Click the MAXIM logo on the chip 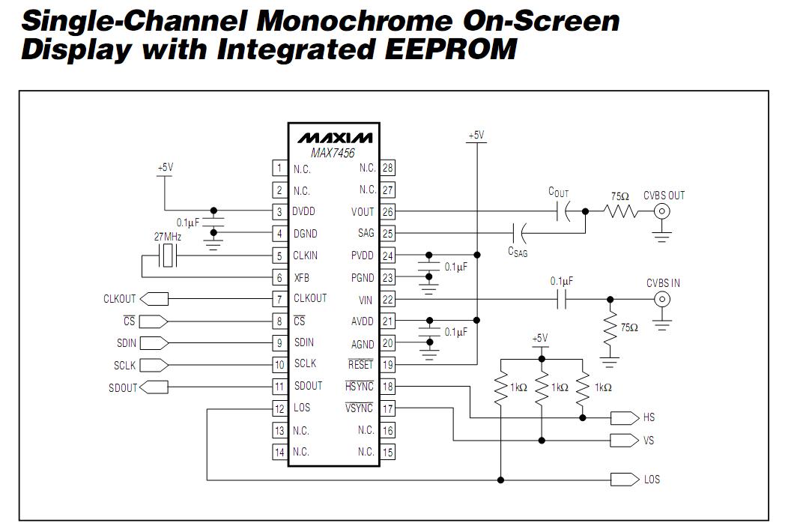pyautogui.click(x=334, y=138)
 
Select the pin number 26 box pyautogui.click(x=387, y=212)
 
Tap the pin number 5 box pyautogui.click(x=279, y=256)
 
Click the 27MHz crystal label pyautogui.click(x=168, y=236)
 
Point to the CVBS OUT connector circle pyautogui.click(x=662, y=212)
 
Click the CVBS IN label pyautogui.click(x=663, y=283)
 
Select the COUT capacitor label pyautogui.click(x=558, y=193)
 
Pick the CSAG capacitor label pyautogui.click(x=518, y=252)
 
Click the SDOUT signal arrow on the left pyautogui.click(x=154, y=387)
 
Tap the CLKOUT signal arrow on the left pyautogui.click(x=154, y=299)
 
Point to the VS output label pyautogui.click(x=649, y=441)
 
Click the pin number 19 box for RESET pyautogui.click(x=387, y=365)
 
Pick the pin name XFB pyautogui.click(x=301, y=277)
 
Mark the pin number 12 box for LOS pyautogui.click(x=279, y=409)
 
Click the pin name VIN pyautogui.click(x=366, y=300)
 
